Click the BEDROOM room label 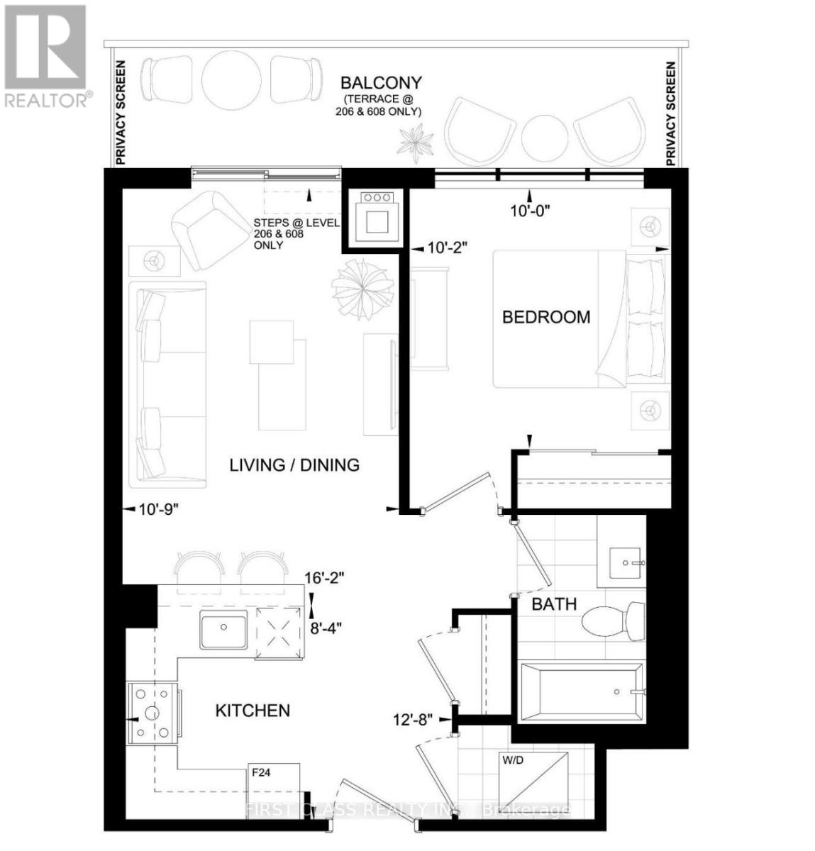[545, 317]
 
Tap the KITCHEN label [253, 711]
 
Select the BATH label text [554, 605]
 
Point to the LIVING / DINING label [294, 465]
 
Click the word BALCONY [380, 83]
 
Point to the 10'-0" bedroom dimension [530, 211]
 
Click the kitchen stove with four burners [153, 712]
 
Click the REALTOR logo [45, 55]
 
